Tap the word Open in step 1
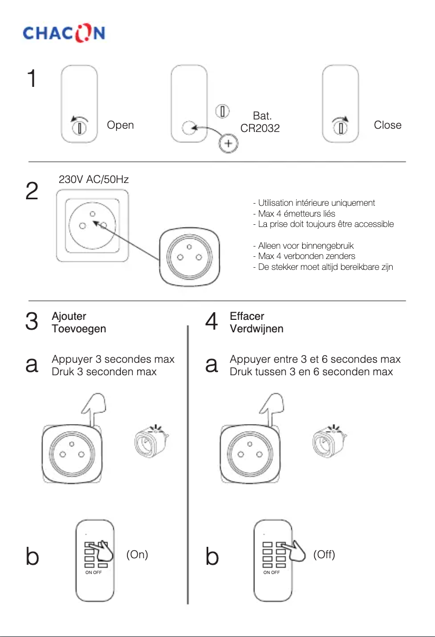point(120,125)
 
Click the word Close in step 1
point(387,125)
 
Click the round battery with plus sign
point(228,144)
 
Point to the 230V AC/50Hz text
point(93,179)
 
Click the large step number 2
point(32,192)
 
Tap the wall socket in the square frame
point(92,224)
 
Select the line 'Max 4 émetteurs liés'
point(293,213)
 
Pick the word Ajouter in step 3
point(69,316)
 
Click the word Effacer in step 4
point(247,316)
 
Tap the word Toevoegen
point(79,329)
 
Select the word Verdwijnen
point(257,329)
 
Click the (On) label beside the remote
point(137,554)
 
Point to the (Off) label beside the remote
point(324,554)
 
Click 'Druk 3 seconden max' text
point(104,372)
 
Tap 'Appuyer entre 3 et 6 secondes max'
point(315,360)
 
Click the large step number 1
point(32,79)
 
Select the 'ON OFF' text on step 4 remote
point(272,572)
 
